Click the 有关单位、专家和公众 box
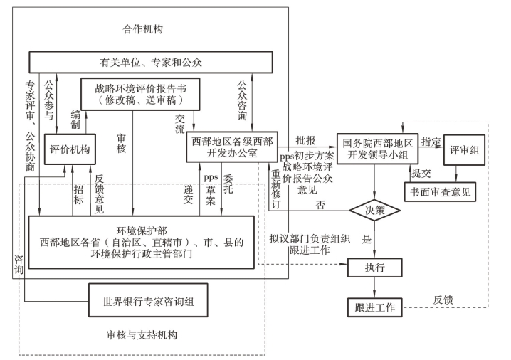click(151, 63)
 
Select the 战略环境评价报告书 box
click(141, 95)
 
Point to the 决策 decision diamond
click(375, 211)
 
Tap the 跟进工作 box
click(375, 308)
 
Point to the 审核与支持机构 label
click(141, 334)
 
